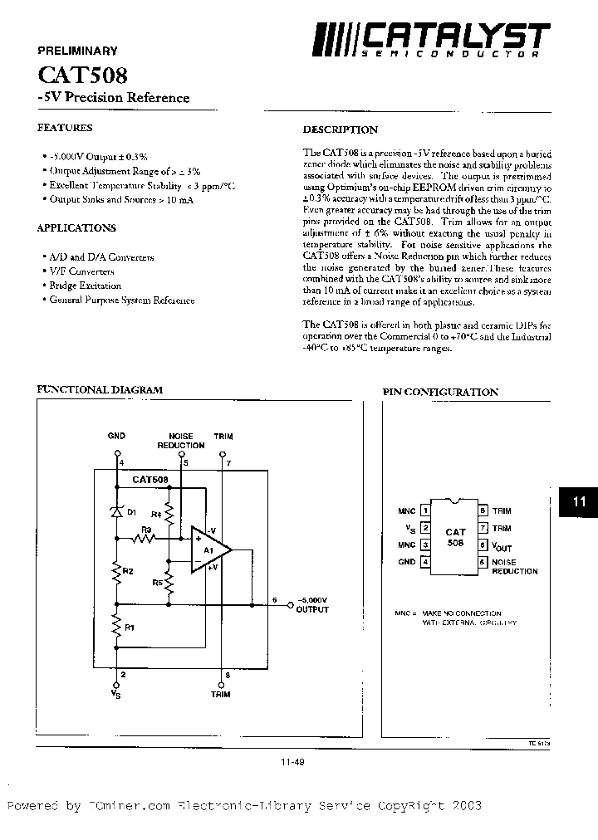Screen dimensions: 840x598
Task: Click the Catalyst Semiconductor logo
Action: pos(431,39)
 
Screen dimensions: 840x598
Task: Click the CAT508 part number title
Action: pos(82,76)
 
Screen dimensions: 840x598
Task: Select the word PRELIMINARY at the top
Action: pos(78,51)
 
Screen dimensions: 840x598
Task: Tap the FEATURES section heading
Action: pos(65,128)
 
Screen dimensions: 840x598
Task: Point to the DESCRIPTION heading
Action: pos(340,129)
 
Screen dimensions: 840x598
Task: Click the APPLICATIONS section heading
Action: pos(76,228)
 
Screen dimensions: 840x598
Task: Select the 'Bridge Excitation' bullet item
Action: pos(85,286)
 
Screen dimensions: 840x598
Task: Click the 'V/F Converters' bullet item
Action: pos(81,271)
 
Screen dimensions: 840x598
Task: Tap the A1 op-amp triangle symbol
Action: pos(208,549)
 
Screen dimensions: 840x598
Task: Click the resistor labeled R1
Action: pos(116,629)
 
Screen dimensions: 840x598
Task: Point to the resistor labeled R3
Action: pos(145,538)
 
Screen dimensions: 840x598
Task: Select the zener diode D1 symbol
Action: pos(116,513)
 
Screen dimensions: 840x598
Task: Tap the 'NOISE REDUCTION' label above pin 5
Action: pos(180,440)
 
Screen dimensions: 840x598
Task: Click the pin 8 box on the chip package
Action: pos(482,511)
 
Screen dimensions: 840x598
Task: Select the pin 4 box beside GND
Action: pos(426,562)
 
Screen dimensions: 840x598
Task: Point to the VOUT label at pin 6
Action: pos(502,546)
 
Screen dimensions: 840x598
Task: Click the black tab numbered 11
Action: pos(580,501)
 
